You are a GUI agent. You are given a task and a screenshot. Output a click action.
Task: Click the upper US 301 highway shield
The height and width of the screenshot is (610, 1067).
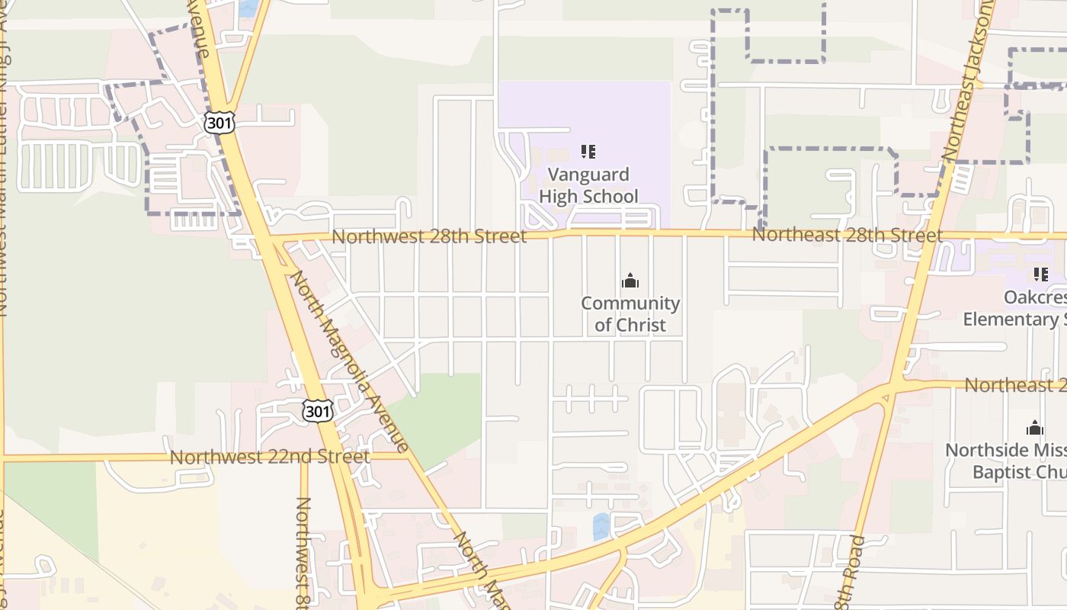pyautogui.click(x=219, y=122)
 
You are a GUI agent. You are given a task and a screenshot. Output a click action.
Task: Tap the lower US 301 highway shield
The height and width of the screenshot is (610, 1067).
pyautogui.click(x=317, y=410)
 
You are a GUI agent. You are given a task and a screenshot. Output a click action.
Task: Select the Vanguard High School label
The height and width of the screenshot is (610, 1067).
pyautogui.click(x=588, y=185)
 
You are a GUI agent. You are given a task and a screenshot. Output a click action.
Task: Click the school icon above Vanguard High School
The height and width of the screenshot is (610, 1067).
pyautogui.click(x=588, y=152)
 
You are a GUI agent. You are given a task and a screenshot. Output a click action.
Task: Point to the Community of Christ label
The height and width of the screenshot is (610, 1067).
pyautogui.click(x=630, y=314)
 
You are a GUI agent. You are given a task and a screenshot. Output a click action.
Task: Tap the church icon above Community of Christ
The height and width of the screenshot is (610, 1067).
pyautogui.click(x=630, y=281)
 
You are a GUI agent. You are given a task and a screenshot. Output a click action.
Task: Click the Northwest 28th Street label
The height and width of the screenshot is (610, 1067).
pyautogui.click(x=429, y=236)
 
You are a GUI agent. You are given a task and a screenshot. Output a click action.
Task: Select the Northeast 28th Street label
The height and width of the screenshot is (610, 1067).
pyautogui.click(x=847, y=235)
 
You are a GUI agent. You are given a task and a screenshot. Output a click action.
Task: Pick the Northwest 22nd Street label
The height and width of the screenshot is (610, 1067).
pyautogui.click(x=269, y=457)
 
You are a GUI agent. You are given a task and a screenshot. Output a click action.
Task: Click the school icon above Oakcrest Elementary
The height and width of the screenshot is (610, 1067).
pyautogui.click(x=1040, y=274)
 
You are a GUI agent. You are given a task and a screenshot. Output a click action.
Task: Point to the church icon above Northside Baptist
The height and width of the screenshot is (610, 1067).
pyautogui.click(x=1034, y=428)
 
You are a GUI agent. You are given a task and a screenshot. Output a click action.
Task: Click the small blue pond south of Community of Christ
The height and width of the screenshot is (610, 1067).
pyautogui.click(x=601, y=526)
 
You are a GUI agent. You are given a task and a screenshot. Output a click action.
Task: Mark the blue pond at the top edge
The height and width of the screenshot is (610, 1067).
pyautogui.click(x=248, y=8)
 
